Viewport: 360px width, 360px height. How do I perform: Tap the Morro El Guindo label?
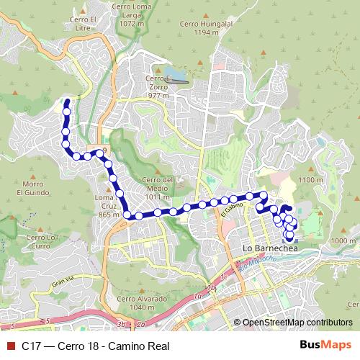[32, 188]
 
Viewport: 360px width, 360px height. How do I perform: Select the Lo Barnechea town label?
[270, 248]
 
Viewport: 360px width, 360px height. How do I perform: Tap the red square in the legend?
[10, 345]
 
